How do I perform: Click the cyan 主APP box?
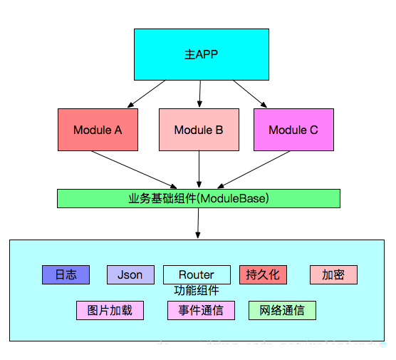coord(202,54)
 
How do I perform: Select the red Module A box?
coord(98,130)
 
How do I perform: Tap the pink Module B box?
coord(199,130)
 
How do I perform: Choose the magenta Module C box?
coord(293,130)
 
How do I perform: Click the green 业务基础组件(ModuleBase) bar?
coord(199,197)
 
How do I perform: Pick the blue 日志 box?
coord(66,274)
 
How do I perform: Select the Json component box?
coord(130,274)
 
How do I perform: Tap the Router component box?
coord(197,274)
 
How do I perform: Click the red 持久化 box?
coord(263,274)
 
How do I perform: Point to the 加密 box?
coord(333,274)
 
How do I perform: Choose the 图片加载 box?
coord(110,310)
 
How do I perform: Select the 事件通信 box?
coord(201,310)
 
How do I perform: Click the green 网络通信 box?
coord(282,310)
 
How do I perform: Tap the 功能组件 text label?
coord(197,291)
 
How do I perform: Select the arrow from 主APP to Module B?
coord(200,93)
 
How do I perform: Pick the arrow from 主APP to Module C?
coord(250,93)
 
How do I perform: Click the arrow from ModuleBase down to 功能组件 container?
coord(199,224)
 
